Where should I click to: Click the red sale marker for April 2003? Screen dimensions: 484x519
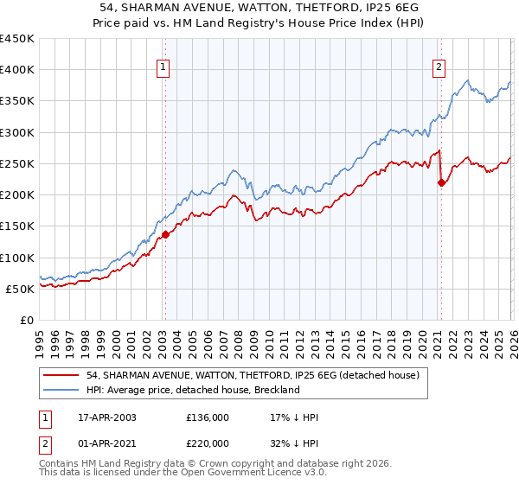[x=165, y=234]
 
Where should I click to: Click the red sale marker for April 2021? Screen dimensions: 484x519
[x=441, y=182]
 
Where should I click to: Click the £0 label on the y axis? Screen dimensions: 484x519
[x=28, y=320]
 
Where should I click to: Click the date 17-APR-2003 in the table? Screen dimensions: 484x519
[x=109, y=417]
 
